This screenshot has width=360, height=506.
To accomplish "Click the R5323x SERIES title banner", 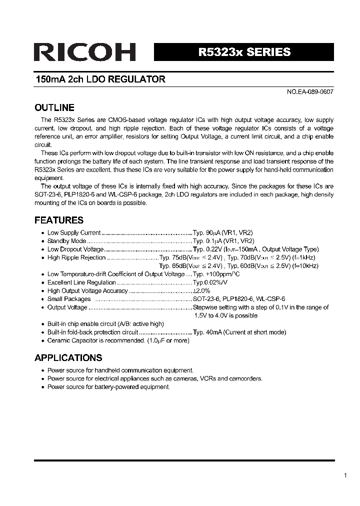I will (x=244, y=52).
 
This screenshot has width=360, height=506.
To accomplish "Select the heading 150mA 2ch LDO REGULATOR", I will (x=100, y=79).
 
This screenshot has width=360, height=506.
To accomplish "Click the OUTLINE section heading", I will (x=54, y=107).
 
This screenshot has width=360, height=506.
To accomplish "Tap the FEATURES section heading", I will (x=58, y=220).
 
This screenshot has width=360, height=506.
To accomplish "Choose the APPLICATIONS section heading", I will (x=68, y=357).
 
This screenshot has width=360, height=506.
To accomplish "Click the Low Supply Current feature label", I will (x=74, y=233).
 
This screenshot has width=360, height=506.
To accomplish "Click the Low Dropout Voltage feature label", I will (x=75, y=249).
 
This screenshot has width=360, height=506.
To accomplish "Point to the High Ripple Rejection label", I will (x=76, y=257).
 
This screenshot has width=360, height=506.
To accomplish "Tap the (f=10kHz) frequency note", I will (x=305, y=266).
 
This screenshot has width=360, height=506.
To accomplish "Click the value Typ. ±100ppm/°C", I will (x=216, y=274).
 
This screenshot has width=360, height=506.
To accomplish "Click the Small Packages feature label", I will (x=69, y=299).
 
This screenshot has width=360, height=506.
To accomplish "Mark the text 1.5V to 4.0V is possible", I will (x=226, y=315).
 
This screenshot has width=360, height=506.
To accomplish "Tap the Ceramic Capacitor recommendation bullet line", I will (x=118, y=340).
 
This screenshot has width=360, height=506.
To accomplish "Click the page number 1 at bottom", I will (x=345, y=476).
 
